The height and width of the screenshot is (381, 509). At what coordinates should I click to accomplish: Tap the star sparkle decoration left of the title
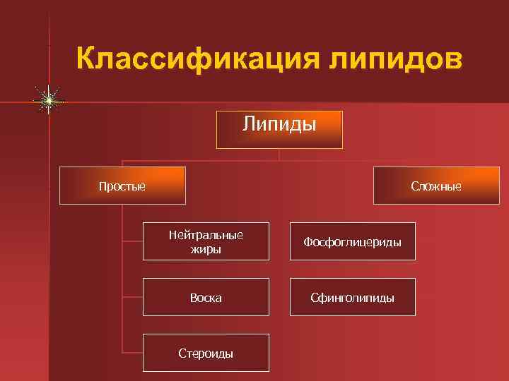pos(48,101)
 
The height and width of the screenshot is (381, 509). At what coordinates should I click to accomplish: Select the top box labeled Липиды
pos(279,129)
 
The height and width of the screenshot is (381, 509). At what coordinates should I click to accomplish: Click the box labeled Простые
pos(122,186)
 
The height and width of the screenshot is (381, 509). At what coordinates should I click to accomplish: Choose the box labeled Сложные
pos(435,186)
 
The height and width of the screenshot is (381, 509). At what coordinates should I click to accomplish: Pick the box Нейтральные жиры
pos(206,241)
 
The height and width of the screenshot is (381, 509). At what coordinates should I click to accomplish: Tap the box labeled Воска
pos(206,297)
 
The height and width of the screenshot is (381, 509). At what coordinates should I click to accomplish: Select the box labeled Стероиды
pos(206,353)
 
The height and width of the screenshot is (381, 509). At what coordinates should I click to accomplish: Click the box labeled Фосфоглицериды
pos(352,241)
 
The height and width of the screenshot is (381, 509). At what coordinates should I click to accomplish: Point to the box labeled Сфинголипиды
pos(352,297)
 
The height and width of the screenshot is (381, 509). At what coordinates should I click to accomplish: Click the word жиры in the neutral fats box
pos(206,249)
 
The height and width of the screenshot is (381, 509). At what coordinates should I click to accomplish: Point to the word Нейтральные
pos(206,235)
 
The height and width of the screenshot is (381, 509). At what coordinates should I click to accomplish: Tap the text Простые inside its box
pos(122,187)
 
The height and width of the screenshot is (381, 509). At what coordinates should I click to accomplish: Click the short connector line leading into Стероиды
pos(133,351)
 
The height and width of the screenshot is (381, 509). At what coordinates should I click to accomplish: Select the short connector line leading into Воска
pos(133,296)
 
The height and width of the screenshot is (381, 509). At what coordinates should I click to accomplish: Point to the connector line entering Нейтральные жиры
pos(133,240)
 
